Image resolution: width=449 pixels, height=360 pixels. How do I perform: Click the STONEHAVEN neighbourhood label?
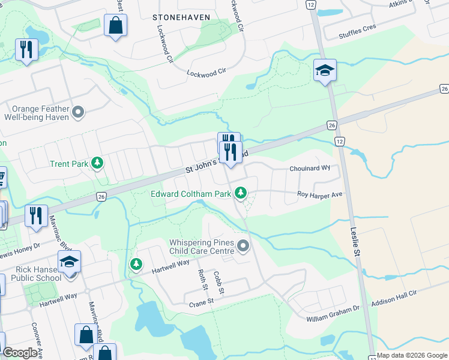[x=181, y=17]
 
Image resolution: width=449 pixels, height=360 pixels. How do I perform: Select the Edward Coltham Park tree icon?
[x=241, y=193]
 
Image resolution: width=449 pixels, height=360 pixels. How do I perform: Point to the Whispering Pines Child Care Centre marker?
[x=243, y=245]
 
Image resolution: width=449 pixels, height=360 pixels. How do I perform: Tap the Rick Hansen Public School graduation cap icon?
[x=69, y=262]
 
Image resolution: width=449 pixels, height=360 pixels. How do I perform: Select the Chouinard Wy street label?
[x=310, y=169]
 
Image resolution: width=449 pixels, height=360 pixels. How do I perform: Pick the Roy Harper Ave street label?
[x=321, y=194]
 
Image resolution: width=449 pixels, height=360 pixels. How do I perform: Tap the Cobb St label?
[x=220, y=283]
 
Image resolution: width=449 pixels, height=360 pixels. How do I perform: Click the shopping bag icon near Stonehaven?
[x=115, y=26]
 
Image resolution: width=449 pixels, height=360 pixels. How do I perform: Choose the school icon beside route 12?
[x=325, y=71]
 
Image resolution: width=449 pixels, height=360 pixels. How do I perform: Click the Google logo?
[x=20, y=353]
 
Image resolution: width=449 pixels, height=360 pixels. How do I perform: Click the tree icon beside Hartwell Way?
[x=137, y=264]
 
